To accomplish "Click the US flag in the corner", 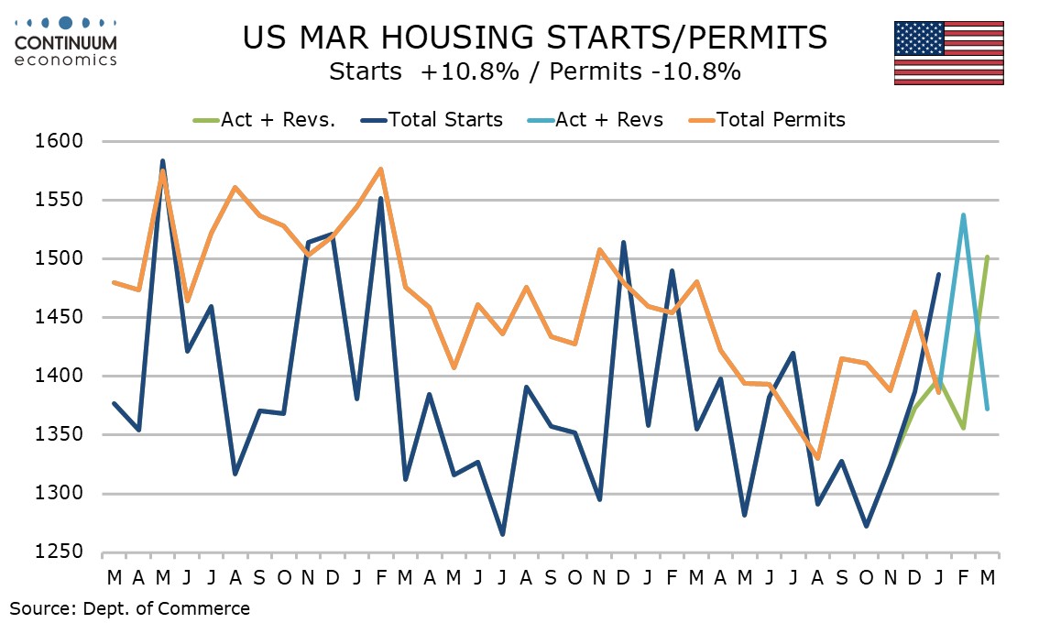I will tap(948, 52).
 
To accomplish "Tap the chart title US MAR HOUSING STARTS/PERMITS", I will tap(535, 38).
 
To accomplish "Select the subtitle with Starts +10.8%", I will tap(535, 71).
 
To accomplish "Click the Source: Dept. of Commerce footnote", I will tap(130, 607).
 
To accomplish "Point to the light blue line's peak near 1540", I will tap(963, 215).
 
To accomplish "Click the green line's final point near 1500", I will tap(987, 257).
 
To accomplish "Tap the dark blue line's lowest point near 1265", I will tap(502, 534).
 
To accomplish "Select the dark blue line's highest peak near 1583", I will tap(162, 161).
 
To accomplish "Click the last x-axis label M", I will tap(988, 577).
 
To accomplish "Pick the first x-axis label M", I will tap(114, 577).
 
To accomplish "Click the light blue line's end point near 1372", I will tap(987, 409).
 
